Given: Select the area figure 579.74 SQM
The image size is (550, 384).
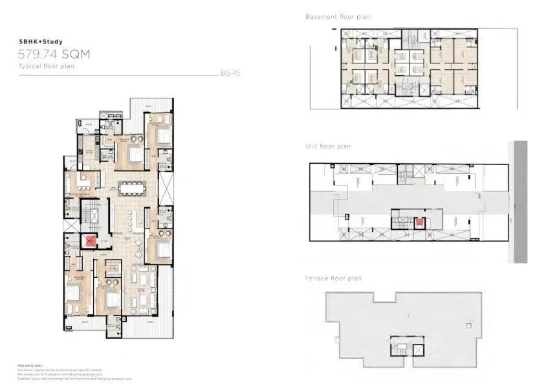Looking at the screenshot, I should tap(54, 55).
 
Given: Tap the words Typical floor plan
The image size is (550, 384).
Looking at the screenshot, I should tap(43, 67).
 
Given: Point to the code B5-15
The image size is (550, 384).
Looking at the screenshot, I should tap(230, 73).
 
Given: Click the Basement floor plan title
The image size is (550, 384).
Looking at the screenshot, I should tap(338, 17).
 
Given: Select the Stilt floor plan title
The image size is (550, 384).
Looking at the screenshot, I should tap(328, 146).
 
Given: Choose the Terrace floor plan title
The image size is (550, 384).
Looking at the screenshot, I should tap(333, 278).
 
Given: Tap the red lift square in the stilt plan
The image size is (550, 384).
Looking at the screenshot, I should tap(419, 223).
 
